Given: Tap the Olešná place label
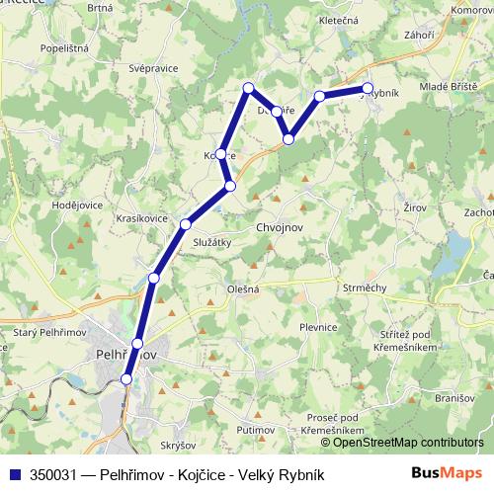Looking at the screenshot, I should [x=243, y=289].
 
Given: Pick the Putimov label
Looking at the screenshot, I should [x=256, y=431].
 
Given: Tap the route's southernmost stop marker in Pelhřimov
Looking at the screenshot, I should [x=126, y=378].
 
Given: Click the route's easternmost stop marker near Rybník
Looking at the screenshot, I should [x=368, y=88].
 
